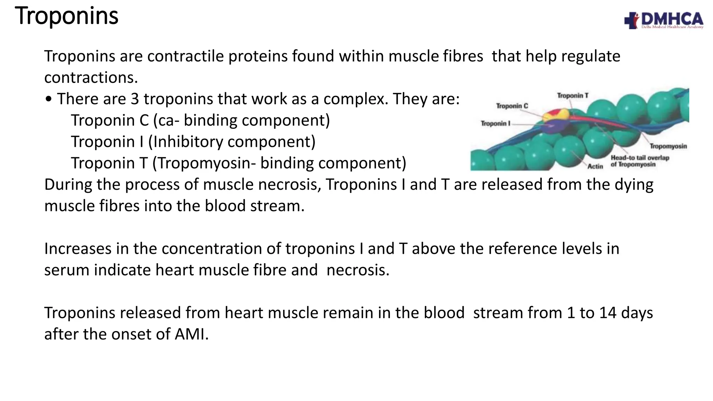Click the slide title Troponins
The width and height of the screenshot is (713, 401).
coord(66,16)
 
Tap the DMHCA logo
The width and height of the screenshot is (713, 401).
coord(664,20)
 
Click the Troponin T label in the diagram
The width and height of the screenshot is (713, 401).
coord(572,95)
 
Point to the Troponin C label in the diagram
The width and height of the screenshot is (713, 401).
coord(512,106)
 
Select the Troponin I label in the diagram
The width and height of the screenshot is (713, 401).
coord(495,124)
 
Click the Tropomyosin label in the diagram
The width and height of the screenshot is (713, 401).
coord(668,146)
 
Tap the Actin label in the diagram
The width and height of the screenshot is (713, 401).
coord(595,166)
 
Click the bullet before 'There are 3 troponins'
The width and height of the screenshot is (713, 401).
coord(48,100)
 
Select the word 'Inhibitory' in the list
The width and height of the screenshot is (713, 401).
coord(181,142)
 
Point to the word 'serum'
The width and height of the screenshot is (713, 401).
coord(67,270)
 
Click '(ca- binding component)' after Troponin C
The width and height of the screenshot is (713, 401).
coord(241,120)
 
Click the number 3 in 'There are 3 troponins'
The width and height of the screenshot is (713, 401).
coord(135,99)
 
